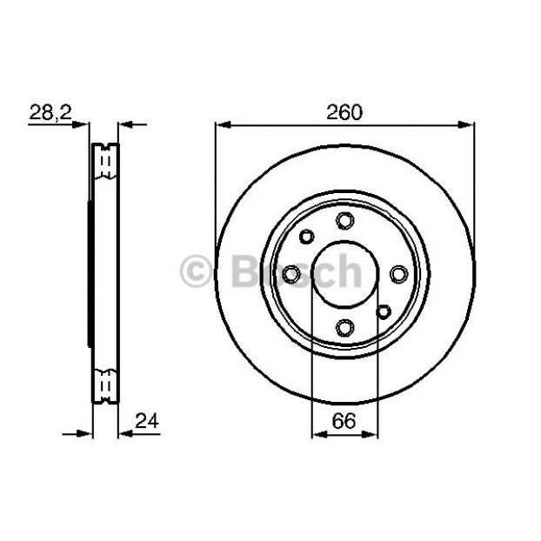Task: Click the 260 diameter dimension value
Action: click(x=344, y=112)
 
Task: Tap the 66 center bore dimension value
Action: click(x=344, y=421)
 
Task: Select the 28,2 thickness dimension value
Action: click(x=50, y=112)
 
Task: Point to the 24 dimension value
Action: click(x=147, y=421)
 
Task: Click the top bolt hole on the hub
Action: click(x=345, y=220)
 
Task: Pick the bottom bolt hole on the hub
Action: click(x=345, y=327)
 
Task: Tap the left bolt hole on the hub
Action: click(x=291, y=274)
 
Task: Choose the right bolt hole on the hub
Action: click(x=399, y=274)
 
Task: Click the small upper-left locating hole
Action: click(x=307, y=237)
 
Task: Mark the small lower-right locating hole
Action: click(x=384, y=312)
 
